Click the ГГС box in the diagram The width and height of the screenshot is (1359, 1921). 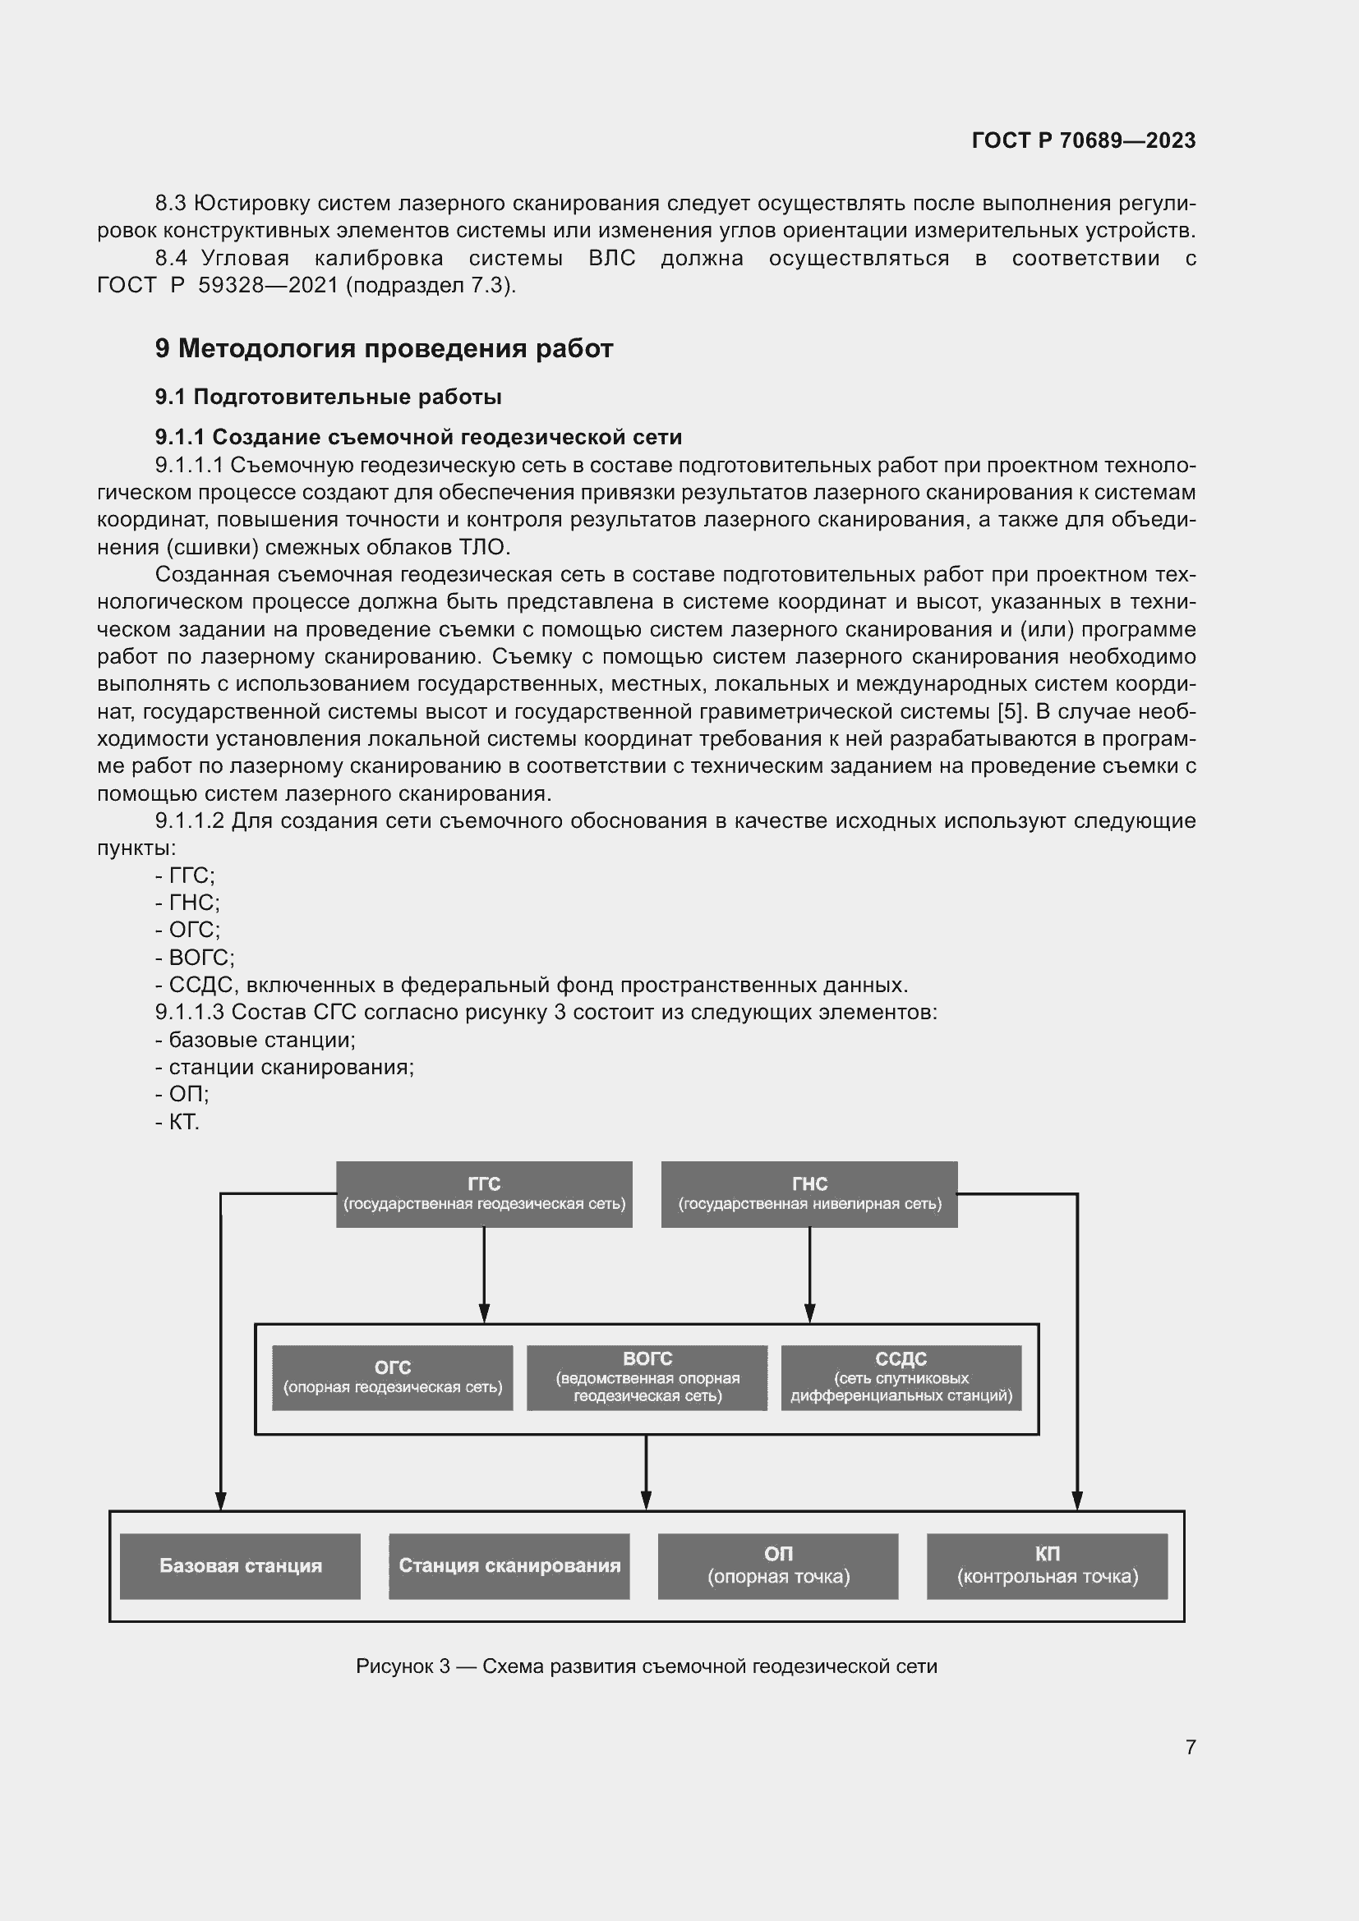484,1194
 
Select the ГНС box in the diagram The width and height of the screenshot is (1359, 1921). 808,1194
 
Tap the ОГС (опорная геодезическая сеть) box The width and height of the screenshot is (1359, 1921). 393,1378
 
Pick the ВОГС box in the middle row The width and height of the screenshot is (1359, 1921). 647,1378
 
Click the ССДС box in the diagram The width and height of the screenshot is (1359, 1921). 901,1378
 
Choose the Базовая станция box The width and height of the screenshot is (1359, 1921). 240,1565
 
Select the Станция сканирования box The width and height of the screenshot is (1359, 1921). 509,1565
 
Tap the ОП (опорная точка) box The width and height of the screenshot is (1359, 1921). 778,1565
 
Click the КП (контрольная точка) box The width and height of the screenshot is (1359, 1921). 1047,1565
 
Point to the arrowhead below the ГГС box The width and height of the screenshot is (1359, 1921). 484,1312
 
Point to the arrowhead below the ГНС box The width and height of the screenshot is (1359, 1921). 809,1312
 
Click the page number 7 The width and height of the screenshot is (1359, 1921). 1190,1747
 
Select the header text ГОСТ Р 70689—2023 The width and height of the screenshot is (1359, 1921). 1083,140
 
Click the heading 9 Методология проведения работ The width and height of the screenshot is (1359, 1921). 384,348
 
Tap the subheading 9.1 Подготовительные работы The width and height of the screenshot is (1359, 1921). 328,397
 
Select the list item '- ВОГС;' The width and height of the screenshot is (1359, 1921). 194,957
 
